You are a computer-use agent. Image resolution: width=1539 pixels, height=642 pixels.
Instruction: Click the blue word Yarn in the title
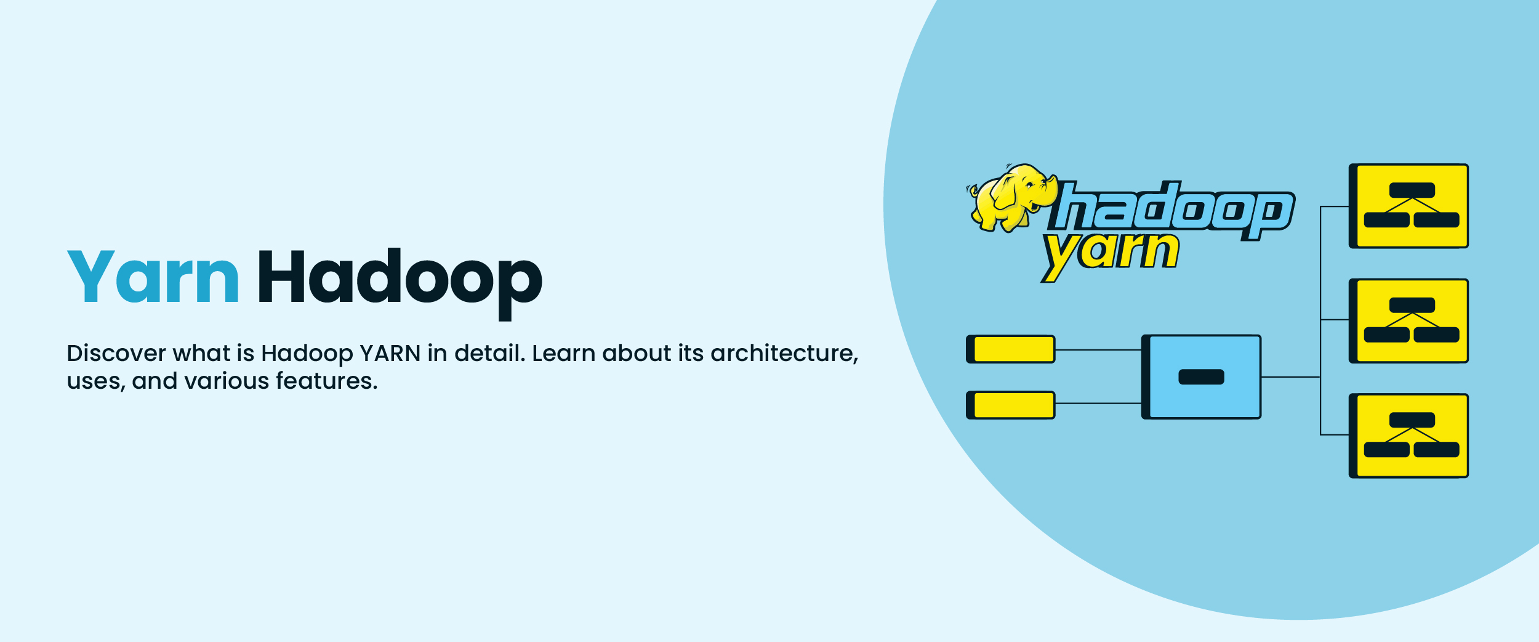click(x=153, y=277)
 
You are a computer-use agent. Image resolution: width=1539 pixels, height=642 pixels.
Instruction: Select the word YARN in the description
click(x=390, y=354)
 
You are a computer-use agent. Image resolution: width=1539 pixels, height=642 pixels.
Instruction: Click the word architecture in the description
click(x=783, y=354)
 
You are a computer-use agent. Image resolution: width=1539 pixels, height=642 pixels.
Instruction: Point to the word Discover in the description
click(x=116, y=354)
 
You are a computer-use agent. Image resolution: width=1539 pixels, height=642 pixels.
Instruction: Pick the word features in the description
click(x=326, y=381)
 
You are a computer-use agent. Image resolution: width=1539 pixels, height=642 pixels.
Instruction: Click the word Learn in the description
click(x=563, y=354)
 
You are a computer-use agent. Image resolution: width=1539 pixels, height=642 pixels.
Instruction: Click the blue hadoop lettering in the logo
click(x=1173, y=209)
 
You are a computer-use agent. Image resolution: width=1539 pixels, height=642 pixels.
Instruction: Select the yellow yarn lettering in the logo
click(x=1111, y=253)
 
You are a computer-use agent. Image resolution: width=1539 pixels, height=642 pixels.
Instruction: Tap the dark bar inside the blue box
click(x=1201, y=377)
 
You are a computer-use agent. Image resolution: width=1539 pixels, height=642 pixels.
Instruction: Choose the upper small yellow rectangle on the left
click(x=1011, y=349)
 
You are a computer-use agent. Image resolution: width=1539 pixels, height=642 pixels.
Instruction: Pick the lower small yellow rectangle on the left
click(x=1011, y=405)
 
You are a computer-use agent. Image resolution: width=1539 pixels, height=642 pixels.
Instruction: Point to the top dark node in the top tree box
click(x=1412, y=190)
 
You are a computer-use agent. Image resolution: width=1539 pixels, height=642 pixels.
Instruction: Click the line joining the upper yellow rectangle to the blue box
click(x=1098, y=350)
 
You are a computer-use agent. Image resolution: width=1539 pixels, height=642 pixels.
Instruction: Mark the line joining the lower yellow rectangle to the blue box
click(x=1098, y=404)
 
